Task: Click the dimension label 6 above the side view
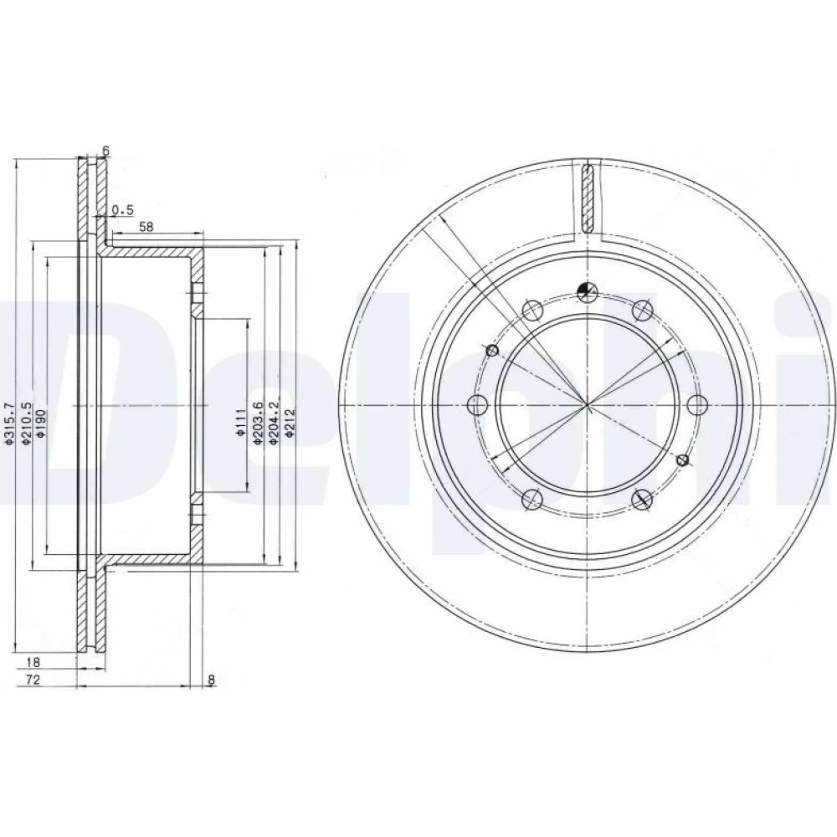(105, 151)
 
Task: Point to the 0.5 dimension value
(123, 210)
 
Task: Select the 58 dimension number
(146, 227)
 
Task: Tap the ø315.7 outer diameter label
(9, 408)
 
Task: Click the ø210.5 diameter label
(27, 408)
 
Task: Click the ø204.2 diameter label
(274, 408)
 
